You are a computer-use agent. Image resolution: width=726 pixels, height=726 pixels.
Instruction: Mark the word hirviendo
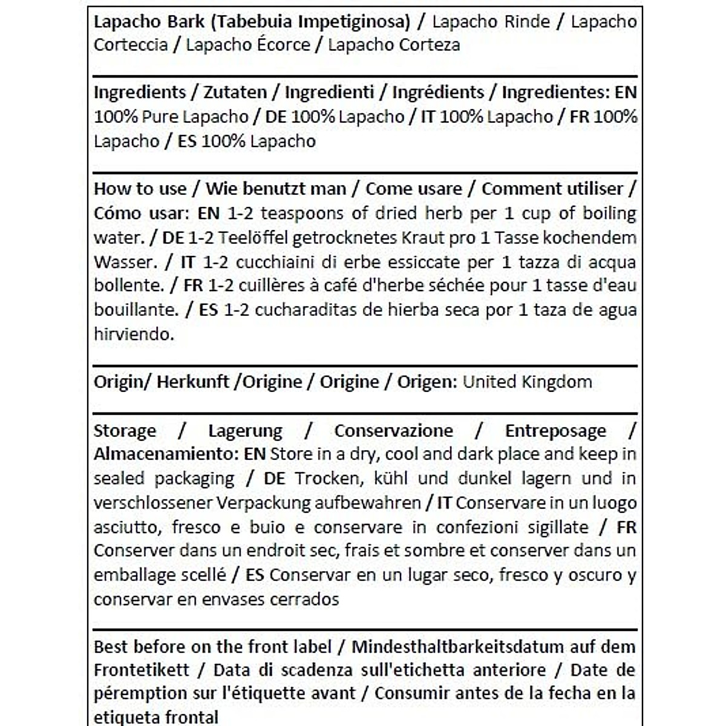[x=134, y=335]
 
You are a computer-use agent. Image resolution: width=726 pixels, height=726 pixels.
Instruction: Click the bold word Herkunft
[x=192, y=382]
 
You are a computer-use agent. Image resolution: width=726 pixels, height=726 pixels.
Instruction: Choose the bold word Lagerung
[x=245, y=431]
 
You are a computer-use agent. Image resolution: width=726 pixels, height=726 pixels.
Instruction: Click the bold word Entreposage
[x=555, y=431]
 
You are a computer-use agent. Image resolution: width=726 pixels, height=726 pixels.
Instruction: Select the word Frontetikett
[x=142, y=670]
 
